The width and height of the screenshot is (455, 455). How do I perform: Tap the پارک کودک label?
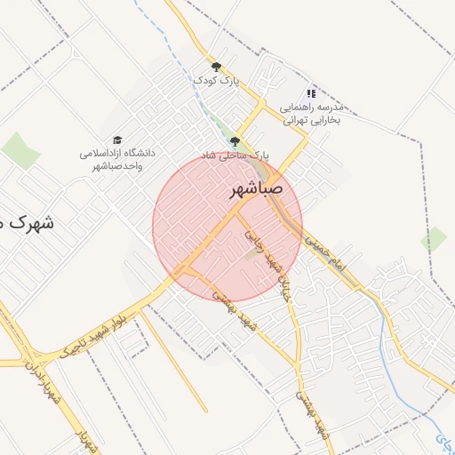[x=217, y=81]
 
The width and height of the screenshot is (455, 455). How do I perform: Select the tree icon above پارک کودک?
[x=216, y=67]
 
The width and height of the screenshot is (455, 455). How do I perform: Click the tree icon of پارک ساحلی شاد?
[x=235, y=141]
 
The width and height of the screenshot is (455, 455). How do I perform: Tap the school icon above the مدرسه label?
[x=311, y=92]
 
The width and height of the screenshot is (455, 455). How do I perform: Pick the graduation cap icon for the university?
[x=116, y=140]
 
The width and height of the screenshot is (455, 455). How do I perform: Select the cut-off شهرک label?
[x=27, y=222]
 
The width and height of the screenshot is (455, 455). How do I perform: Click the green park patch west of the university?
[x=20, y=149]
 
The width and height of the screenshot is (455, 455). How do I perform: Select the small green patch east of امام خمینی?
[x=434, y=238]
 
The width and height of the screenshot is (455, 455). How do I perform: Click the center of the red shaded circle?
[x=227, y=227]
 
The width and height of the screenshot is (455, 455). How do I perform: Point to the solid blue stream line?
[x=388, y=339]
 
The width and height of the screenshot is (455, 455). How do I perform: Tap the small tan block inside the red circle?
[x=251, y=255]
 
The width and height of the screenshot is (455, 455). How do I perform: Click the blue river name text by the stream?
[x=443, y=438]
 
